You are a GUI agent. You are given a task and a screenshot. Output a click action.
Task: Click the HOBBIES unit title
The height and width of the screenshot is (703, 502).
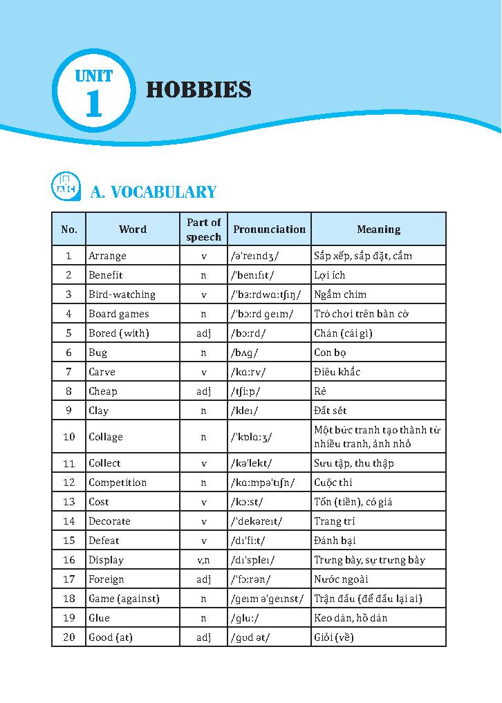tap(198, 91)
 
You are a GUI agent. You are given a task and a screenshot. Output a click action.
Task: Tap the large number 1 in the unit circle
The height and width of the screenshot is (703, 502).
tap(93, 104)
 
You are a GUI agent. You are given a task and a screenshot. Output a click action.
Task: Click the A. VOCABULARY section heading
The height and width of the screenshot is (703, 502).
tap(154, 192)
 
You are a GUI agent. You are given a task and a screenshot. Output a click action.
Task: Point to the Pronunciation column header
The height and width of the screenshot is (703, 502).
tap(269, 229)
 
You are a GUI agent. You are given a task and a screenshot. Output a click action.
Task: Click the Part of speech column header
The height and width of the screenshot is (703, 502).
tap(203, 229)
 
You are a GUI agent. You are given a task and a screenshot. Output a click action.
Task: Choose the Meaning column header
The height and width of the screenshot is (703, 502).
tap(378, 229)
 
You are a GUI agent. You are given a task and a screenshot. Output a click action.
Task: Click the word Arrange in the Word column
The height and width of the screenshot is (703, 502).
tap(107, 256)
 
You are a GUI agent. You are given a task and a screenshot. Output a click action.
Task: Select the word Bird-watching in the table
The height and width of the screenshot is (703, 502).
tap(122, 294)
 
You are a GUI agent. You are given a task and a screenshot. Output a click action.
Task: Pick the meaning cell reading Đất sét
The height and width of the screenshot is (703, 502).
tap(330, 411)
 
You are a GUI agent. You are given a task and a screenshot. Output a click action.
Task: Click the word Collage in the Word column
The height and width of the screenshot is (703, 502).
tap(105, 437)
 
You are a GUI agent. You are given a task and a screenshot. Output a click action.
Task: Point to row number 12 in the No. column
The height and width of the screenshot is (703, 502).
tap(68, 482)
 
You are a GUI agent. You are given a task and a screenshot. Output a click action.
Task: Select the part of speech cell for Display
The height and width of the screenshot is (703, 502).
tap(203, 560)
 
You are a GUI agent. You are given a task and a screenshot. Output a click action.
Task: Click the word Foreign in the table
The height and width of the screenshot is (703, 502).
tap(106, 579)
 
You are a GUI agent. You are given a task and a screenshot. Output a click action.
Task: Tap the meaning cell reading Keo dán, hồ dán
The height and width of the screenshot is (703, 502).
tap(351, 618)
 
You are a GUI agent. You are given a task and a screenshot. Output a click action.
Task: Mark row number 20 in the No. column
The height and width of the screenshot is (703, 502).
tap(68, 637)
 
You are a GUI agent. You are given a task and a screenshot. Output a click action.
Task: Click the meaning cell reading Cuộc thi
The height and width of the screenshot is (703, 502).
tap(333, 482)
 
